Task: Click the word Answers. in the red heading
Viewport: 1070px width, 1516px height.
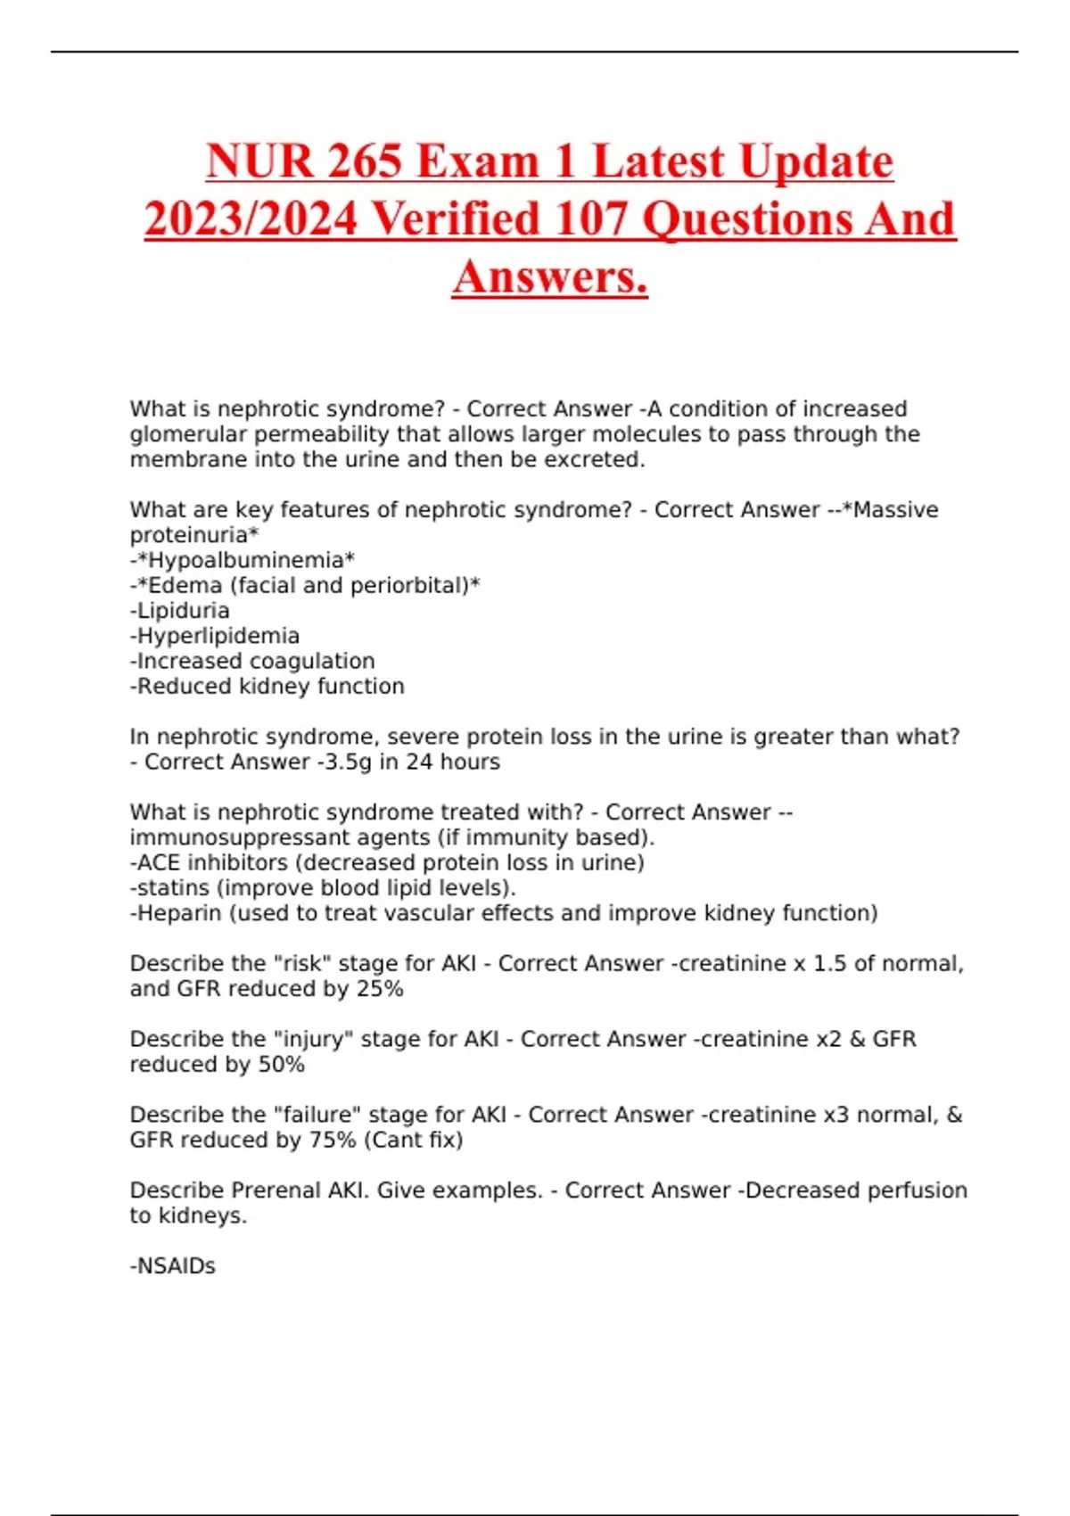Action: pos(550,276)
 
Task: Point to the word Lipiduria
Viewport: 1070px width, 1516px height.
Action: pos(183,611)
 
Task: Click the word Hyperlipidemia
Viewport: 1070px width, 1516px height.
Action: pos(218,636)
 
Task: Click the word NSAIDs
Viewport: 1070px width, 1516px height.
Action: pos(176,1266)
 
